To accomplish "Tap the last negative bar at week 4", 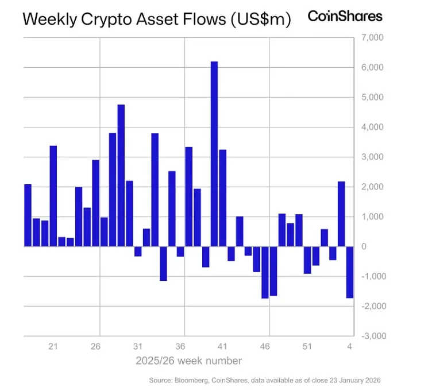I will click(349, 272).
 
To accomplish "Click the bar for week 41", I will click(222, 198).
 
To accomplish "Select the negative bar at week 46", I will click(265, 272).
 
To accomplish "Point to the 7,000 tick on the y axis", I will click(371, 38).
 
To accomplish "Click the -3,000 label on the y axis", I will click(370, 336).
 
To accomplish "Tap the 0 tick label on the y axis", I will click(364, 246).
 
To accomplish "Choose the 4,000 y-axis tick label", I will click(371, 127).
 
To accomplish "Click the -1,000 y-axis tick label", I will click(370, 276).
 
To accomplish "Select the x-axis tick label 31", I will click(138, 347).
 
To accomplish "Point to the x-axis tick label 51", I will click(307, 347).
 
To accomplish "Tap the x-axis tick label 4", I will click(349, 347).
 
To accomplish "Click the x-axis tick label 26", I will click(95, 347).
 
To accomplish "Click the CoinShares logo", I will click(345, 16).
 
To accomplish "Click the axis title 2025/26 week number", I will click(188, 361).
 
